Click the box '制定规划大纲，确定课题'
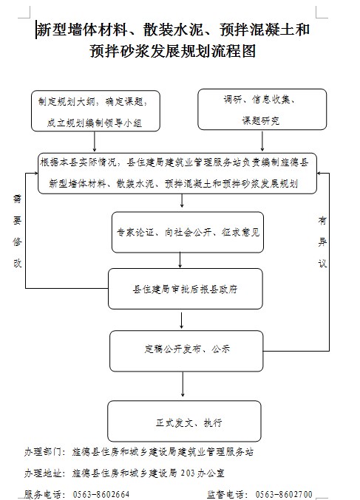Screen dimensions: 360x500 [x=95, y=111]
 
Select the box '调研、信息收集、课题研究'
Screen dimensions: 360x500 [x=262, y=109]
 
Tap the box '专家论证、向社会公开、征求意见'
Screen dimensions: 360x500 [x=188, y=232]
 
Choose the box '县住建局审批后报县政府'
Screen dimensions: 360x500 [x=186, y=289]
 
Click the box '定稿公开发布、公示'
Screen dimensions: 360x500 [x=186, y=351]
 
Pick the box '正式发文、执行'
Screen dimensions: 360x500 [x=185, y=421]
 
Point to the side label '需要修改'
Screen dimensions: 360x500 [x=17, y=230]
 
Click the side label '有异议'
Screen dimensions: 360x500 [x=322, y=242]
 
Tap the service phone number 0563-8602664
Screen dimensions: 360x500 [x=101, y=495]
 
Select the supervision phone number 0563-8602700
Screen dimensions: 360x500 [x=284, y=495]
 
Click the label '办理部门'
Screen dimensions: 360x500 [x=43, y=452]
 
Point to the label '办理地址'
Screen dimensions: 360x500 [x=43, y=473]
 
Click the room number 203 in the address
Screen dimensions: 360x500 [x=188, y=473]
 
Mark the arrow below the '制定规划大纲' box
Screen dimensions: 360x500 [x=95, y=141]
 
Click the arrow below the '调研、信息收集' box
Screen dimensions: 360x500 [x=262, y=140]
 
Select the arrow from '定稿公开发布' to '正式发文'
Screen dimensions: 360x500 [x=183, y=384]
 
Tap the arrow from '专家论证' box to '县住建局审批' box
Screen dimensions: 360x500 [x=180, y=260]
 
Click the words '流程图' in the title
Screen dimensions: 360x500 [x=234, y=51]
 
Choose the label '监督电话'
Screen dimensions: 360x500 [x=227, y=495]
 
